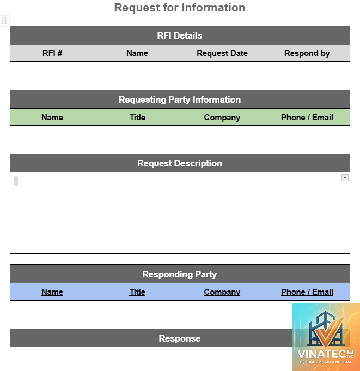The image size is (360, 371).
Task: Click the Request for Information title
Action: [180, 8]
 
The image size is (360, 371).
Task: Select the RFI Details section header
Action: [180, 35]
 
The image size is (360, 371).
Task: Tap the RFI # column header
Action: [52, 53]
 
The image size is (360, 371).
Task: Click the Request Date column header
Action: [222, 53]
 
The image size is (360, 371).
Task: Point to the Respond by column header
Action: [307, 53]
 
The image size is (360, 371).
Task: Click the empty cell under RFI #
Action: [52, 71]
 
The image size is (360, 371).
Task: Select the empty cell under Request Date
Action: [222, 71]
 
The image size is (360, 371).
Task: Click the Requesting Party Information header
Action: [180, 100]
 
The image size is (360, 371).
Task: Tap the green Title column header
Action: [137, 118]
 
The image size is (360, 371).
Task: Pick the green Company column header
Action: [222, 118]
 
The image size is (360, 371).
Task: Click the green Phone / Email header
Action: [307, 118]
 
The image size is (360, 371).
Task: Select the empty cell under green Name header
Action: [52, 134]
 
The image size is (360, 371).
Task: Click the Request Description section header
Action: [180, 163]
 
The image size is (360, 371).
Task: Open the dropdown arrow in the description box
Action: [345, 178]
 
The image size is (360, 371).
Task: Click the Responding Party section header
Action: [180, 274]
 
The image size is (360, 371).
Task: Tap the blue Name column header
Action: [52, 292]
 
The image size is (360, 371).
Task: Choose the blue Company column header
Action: [222, 292]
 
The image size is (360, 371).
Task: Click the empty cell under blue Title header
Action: [137, 309]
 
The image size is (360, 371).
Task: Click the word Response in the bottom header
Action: [180, 338]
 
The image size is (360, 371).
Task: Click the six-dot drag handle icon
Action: [4, 21]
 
